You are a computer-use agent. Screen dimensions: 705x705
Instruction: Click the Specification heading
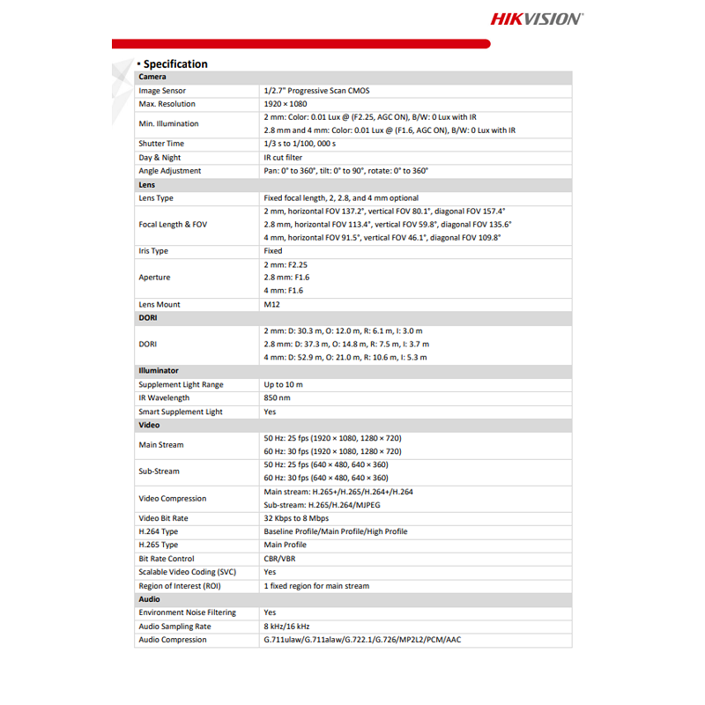coord(175,63)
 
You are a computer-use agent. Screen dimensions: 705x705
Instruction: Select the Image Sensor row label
coord(162,91)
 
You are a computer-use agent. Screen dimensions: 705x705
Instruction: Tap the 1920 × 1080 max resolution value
coord(286,104)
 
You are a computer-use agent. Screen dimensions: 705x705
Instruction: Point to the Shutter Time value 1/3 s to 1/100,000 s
coord(300,144)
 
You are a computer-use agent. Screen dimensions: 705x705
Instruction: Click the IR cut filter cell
coord(283,157)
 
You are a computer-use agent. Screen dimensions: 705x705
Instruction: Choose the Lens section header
coord(147,184)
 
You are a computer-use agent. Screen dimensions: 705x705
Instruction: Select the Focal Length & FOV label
coord(173,225)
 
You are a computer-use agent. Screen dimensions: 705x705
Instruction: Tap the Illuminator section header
coord(159,371)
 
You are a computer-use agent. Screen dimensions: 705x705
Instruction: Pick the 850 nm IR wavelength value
coord(278,397)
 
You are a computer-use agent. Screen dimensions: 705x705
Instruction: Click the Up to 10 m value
coord(283,384)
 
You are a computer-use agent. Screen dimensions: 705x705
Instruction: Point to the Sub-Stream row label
coord(159,471)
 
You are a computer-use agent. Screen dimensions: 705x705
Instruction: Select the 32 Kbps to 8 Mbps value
coord(296,518)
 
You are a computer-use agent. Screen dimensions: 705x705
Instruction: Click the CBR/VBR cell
coord(280,559)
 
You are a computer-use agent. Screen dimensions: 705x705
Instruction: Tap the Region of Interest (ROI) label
coord(181,585)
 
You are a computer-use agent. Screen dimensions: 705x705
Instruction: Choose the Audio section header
coord(149,598)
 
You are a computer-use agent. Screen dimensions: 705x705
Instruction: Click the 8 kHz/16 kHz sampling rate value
coord(287,626)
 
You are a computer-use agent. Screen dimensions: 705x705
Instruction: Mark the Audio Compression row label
coord(173,640)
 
